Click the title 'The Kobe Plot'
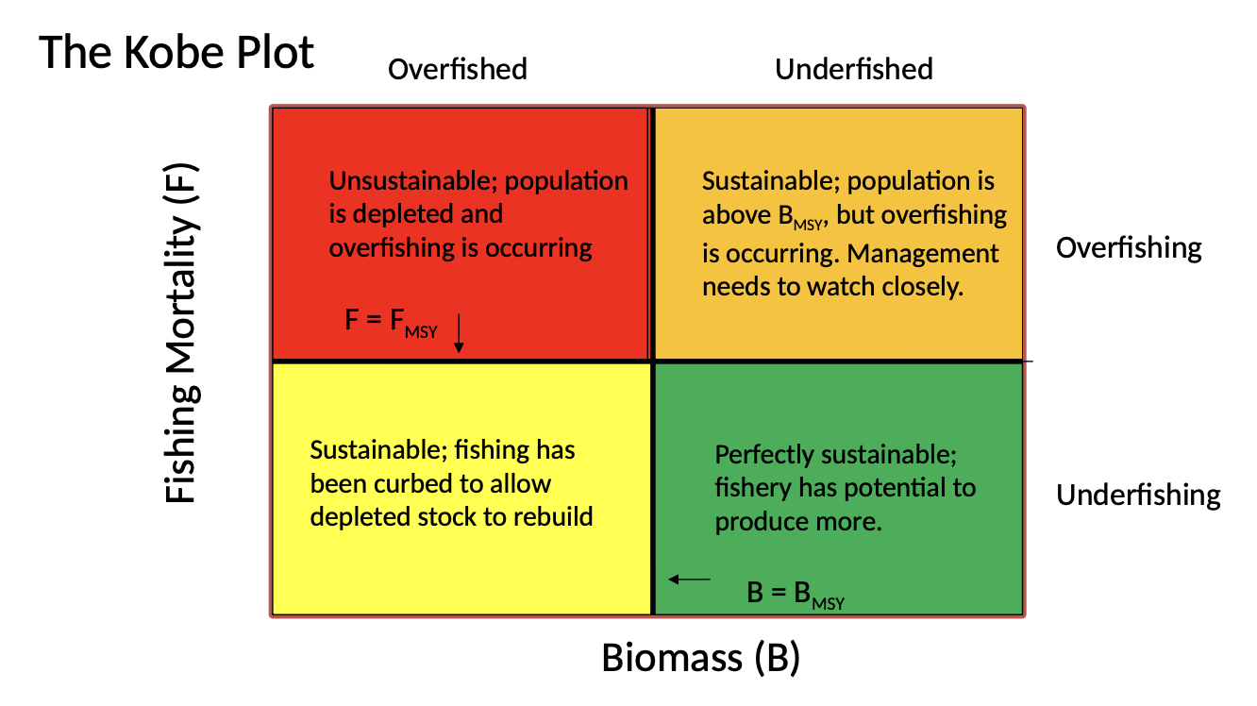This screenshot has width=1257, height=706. [x=176, y=52]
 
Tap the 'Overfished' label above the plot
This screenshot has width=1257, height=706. [x=458, y=69]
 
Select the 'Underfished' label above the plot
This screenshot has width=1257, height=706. [x=853, y=69]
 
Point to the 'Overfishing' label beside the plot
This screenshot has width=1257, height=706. [x=1129, y=248]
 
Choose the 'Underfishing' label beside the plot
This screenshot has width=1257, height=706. [x=1138, y=495]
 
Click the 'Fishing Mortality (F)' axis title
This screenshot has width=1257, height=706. [x=180, y=333]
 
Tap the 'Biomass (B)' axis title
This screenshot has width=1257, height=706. [x=701, y=657]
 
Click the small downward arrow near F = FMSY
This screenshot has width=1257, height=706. [x=459, y=333]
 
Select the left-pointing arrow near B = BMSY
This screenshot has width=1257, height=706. [x=690, y=580]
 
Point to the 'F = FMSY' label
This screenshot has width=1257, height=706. [x=391, y=323]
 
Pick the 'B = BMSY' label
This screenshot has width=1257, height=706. [x=796, y=595]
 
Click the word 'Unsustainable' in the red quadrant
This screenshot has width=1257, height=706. [x=413, y=180]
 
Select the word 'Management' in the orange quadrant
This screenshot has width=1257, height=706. [x=923, y=254]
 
